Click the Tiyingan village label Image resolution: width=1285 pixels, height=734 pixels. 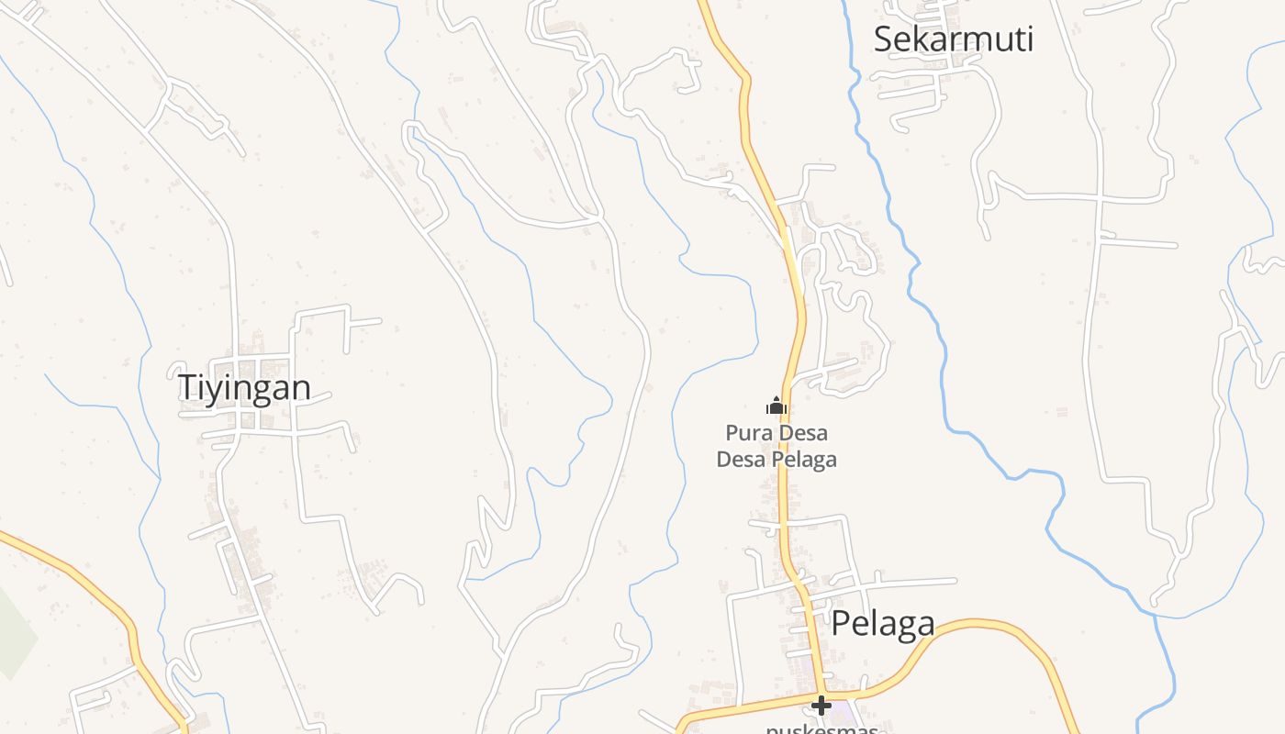coord(243,387)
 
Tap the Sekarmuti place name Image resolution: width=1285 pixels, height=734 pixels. coord(953,39)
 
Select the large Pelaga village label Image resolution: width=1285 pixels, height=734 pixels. coord(882,624)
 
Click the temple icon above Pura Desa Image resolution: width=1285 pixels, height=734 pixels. coord(777,405)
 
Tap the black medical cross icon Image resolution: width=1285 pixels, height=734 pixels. coord(821,706)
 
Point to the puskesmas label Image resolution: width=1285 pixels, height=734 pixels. coord(822,728)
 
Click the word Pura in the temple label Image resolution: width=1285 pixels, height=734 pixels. coord(743,432)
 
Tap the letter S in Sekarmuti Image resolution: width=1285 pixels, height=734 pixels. coord(884,40)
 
